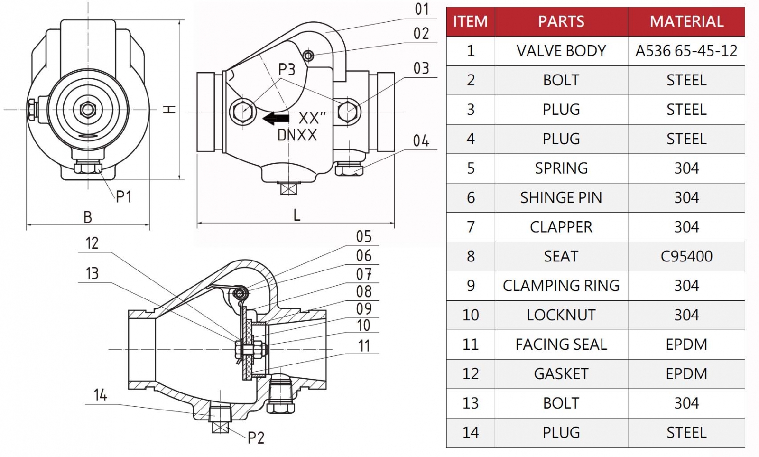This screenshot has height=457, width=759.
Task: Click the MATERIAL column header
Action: coord(686,21)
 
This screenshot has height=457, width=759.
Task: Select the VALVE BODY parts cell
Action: coord(561,51)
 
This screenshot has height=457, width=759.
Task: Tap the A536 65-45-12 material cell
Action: coord(686,51)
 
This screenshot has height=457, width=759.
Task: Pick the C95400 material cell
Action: coord(686,256)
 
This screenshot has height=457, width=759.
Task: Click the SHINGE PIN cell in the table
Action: coord(561,197)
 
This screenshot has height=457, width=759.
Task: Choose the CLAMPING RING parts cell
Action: coord(561,286)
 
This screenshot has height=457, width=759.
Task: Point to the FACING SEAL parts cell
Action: coord(561,344)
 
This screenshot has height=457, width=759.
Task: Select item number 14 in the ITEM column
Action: coord(470,432)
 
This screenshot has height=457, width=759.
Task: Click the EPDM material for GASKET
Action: coord(686,373)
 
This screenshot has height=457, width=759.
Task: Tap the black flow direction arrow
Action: coord(276,118)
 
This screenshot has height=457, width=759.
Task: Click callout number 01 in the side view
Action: coord(421,9)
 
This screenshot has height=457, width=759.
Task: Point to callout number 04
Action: coord(421,141)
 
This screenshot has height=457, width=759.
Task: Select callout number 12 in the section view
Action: coord(92,243)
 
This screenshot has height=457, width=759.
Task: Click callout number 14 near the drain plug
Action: coord(100,395)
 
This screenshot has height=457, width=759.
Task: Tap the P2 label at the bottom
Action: coord(256,438)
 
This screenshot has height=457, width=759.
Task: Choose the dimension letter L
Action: coord(297,215)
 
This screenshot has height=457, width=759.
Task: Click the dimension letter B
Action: coord(88,217)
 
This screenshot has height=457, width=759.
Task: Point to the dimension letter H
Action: coord(169,109)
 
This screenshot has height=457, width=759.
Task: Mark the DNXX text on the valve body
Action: coord(297,135)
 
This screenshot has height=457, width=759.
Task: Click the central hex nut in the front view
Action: coord(88,110)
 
